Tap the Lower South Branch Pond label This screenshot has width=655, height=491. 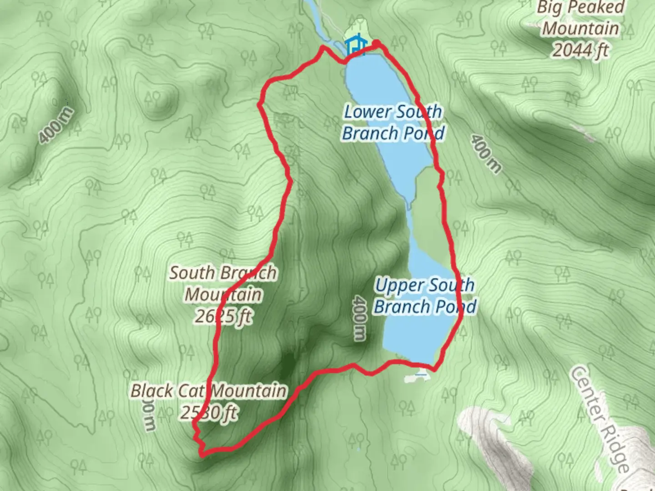point(393,122)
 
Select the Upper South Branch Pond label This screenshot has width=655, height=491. point(425,296)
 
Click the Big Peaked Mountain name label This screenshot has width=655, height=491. point(580,18)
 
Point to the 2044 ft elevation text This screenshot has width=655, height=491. point(580,50)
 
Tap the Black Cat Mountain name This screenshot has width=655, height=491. point(209,391)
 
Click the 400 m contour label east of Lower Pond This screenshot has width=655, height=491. point(486,154)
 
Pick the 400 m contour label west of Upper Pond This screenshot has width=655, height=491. point(359,318)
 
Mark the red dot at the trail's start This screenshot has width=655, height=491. point(377,43)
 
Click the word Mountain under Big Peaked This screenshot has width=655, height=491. point(580,29)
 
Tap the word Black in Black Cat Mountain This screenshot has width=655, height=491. point(152,391)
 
